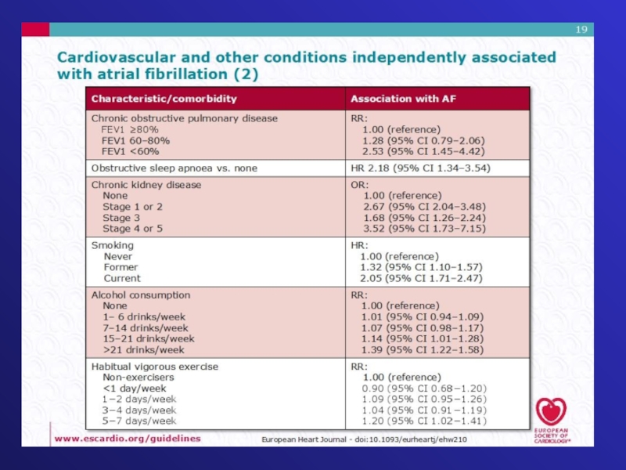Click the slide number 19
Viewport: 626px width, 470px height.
coord(581,30)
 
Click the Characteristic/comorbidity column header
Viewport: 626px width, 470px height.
coord(164,99)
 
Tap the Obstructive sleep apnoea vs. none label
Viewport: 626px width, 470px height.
coord(174,168)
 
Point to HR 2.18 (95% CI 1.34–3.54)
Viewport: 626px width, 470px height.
coord(420,168)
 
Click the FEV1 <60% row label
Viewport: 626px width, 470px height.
coord(130,151)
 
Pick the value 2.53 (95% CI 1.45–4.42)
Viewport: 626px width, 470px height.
coord(423,151)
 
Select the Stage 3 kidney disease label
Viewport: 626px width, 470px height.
coord(121,218)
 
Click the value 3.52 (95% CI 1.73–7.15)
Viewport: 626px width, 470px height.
coord(424,229)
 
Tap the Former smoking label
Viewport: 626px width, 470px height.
coord(121,267)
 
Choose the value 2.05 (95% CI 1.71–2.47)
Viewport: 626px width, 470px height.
coord(421,278)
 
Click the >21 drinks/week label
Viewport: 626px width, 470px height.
coord(144,350)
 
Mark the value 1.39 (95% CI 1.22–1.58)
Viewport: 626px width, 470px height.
coord(423,350)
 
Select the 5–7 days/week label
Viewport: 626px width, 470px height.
coord(139,421)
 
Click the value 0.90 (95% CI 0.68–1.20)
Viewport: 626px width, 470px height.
coord(424,388)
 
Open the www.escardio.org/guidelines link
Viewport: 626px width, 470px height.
coord(127,439)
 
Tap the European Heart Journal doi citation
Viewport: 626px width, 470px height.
coord(364,439)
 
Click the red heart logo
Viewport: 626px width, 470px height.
coord(551,411)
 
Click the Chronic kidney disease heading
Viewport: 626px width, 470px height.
coord(146,185)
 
